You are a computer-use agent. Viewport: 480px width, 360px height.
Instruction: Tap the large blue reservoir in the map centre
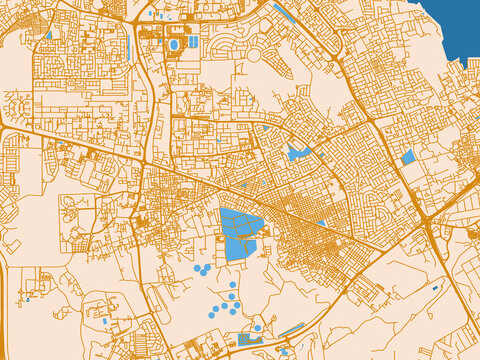(240, 234)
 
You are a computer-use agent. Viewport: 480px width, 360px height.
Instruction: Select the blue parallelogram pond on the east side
(408, 157)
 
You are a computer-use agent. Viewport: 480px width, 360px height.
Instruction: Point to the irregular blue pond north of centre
(297, 153)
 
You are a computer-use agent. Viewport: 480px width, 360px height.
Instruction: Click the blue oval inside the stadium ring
(176, 45)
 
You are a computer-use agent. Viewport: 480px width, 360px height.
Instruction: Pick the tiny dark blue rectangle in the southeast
(435, 288)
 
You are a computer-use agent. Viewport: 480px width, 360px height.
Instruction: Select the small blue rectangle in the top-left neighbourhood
(48, 36)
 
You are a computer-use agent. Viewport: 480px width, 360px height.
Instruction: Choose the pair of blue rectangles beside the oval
(192, 42)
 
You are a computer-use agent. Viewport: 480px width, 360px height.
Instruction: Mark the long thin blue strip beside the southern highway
(291, 330)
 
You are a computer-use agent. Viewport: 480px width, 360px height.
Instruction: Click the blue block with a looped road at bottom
(249, 340)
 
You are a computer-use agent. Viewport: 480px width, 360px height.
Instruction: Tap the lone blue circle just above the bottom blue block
(257, 327)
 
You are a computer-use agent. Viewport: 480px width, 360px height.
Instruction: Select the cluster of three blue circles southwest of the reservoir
(202, 269)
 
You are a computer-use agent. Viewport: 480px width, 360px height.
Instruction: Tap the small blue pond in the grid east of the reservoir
(321, 223)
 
